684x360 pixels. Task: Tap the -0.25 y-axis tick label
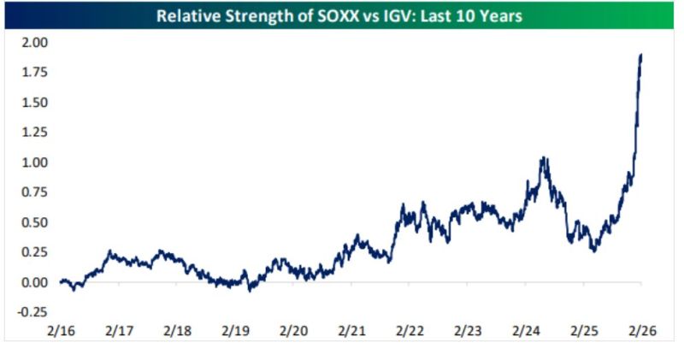(32, 313)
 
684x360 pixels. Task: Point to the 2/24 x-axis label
(526, 329)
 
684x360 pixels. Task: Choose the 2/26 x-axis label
(642, 329)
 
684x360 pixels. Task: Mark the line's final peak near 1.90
(641, 55)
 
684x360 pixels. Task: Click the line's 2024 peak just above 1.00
(543, 158)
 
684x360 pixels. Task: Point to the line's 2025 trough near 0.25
(593, 251)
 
